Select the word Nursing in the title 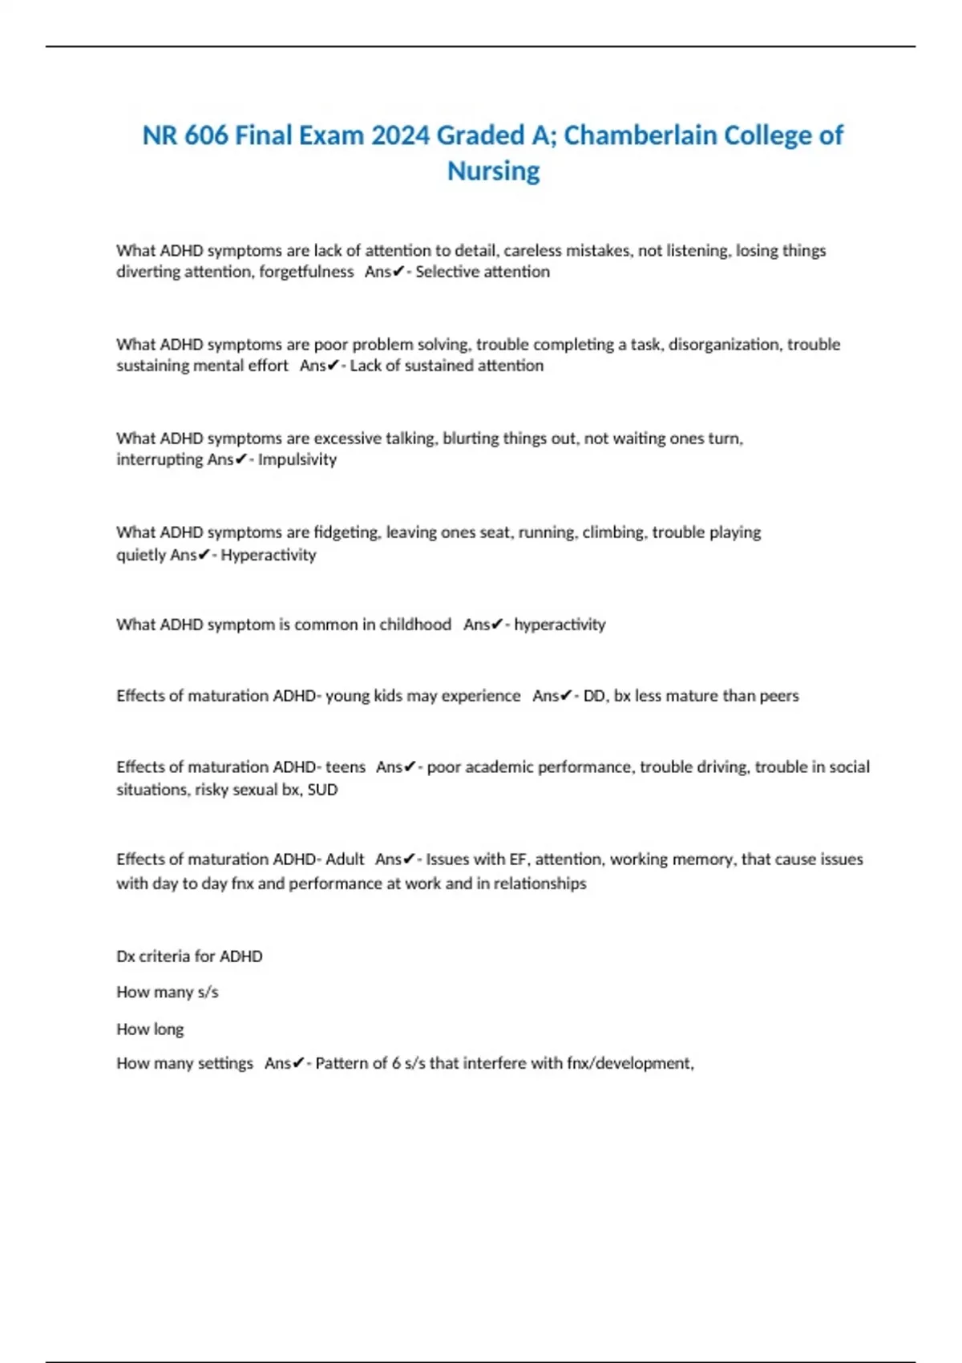point(493,171)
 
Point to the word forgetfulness point(306,272)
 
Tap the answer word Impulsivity point(297,459)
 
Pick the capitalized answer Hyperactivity point(269,555)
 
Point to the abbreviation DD point(594,696)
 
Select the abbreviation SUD point(322,790)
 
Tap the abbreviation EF point(518,859)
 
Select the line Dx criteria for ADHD point(189,957)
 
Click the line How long point(150,1029)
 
